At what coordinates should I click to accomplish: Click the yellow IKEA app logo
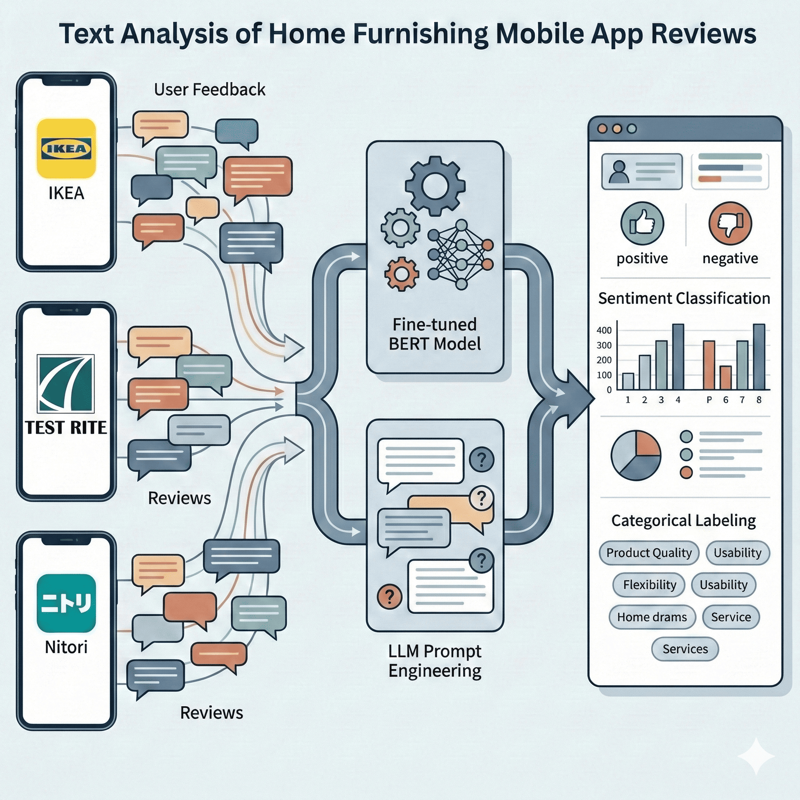click(66, 148)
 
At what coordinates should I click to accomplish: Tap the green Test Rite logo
click(66, 384)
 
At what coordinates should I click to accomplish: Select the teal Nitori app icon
click(66, 603)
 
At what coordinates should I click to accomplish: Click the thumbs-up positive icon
click(642, 223)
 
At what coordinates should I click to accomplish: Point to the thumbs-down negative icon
click(730, 223)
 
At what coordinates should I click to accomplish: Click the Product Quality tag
click(649, 553)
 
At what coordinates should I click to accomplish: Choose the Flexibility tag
click(649, 585)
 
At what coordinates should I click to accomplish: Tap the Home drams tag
click(652, 617)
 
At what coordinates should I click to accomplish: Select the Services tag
click(685, 649)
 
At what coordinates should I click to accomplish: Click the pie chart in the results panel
click(636, 455)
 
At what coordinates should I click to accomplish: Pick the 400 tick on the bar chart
click(604, 330)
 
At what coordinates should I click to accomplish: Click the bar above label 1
click(628, 381)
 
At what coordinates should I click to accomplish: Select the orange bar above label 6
click(725, 378)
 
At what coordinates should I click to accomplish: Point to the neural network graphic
click(461, 255)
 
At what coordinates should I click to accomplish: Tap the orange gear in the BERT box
click(401, 274)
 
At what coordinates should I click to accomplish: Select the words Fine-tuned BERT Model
click(435, 334)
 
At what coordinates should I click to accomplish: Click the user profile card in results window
click(641, 172)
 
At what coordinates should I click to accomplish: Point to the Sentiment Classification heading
click(684, 298)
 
